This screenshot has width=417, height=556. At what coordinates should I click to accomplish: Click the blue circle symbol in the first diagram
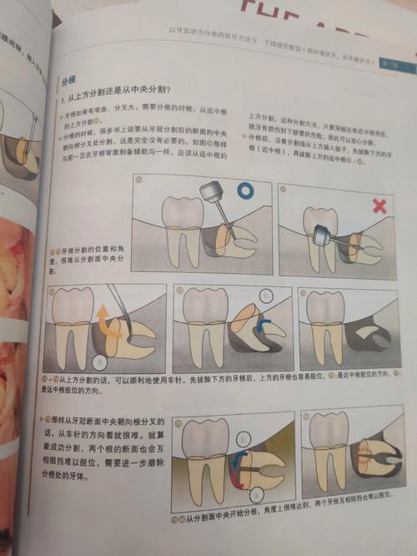coord(246,190)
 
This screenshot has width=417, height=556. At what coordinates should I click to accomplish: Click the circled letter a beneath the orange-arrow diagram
coord(98,361)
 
